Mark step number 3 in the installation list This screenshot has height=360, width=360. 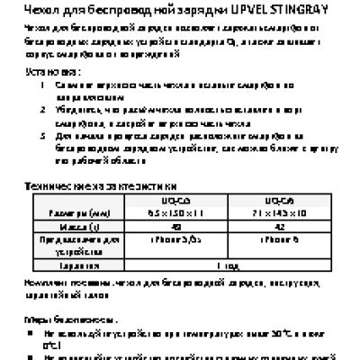click(x=45, y=132)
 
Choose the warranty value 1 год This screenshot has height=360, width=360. click(x=227, y=266)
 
